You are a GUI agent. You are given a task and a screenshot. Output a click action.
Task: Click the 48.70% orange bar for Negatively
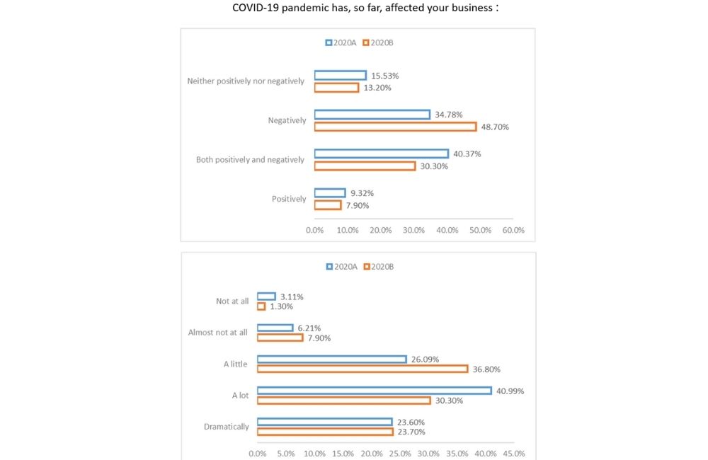pos(395,127)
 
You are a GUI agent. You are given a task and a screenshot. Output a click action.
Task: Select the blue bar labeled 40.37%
pos(381,154)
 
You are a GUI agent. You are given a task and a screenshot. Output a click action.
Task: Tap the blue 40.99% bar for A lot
pos(374,391)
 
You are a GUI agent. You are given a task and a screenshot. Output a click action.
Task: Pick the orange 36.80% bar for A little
pos(362,369)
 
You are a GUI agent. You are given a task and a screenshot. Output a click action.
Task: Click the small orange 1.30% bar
pos(261,306)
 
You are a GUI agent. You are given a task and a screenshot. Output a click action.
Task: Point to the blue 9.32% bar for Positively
pos(330,192)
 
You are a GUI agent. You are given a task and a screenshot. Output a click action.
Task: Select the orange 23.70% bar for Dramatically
pos(324,432)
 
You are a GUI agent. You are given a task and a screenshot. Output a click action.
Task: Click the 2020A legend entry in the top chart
pos(341,42)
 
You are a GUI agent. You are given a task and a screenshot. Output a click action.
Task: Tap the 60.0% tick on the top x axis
pos(513,230)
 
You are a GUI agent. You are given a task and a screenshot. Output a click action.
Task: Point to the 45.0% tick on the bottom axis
pos(514,454)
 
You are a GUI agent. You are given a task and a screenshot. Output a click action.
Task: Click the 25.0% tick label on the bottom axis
pos(400,454)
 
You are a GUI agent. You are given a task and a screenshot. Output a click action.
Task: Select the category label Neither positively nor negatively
pos(246,81)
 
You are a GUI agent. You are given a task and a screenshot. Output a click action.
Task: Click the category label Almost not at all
pos(218,333)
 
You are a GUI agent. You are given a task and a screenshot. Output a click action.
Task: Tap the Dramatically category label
pos(227,427)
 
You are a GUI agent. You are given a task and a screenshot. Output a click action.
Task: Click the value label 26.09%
pos(428,359)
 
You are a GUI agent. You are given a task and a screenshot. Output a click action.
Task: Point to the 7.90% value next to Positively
pos(357,205)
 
